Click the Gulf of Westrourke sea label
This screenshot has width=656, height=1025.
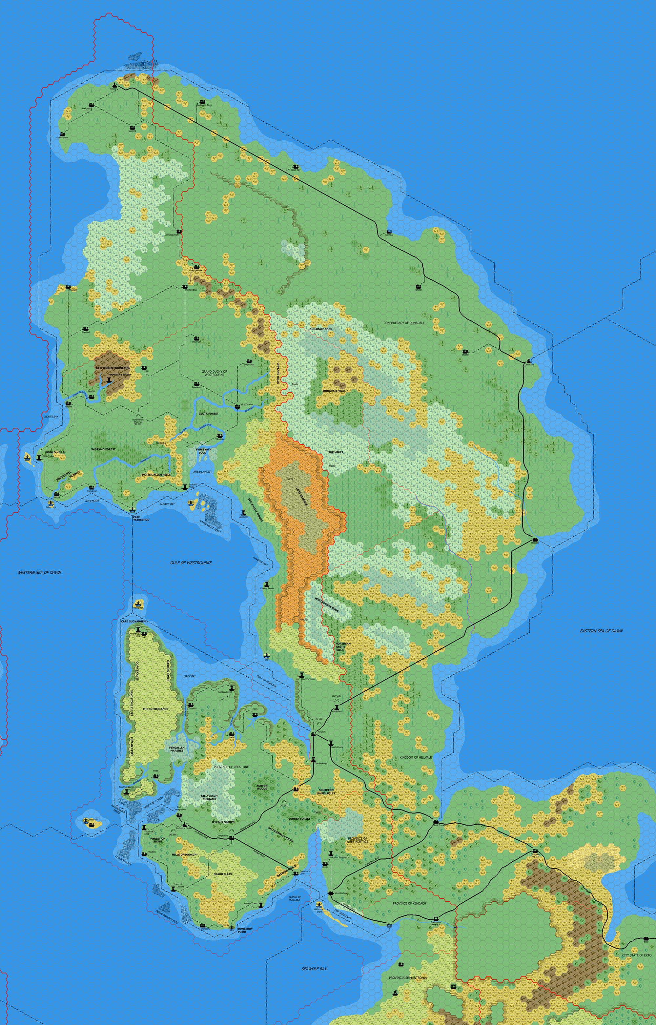191,563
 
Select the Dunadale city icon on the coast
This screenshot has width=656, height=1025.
529,361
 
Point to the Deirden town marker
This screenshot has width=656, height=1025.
535,540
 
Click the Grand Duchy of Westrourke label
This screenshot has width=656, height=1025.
214,373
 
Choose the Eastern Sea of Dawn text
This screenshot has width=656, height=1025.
601,631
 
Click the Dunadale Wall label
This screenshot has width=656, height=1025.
334,391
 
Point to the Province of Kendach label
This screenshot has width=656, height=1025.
409,903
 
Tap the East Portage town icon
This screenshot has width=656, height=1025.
436,821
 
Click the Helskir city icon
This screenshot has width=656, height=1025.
114,85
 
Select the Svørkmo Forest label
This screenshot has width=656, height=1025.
103,449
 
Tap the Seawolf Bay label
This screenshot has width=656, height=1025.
314,969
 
